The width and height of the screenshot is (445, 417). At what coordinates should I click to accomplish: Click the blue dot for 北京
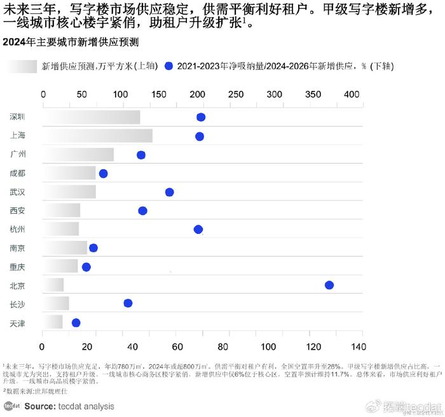coord(329,285)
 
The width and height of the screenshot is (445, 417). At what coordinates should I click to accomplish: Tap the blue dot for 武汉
coord(169,193)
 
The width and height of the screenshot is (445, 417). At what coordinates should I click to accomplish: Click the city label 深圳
coord(18,118)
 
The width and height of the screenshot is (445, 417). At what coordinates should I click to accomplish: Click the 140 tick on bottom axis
coord(358,347)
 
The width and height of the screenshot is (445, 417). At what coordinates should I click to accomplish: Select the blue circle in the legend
coord(168,66)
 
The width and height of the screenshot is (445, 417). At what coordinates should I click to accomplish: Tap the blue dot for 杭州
coord(198,229)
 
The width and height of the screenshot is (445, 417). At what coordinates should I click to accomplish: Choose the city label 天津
coord(18,324)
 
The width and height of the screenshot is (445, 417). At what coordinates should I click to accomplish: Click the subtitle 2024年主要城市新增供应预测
coord(71,42)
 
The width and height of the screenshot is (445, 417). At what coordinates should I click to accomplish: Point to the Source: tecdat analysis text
coord(69,406)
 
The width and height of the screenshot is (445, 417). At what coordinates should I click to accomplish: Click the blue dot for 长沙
coord(128,303)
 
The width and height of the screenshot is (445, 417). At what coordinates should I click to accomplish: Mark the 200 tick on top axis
coord(198,94)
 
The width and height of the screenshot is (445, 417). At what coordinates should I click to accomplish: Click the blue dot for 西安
coord(142,211)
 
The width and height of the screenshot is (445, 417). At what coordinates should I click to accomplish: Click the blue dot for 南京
coord(93,248)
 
